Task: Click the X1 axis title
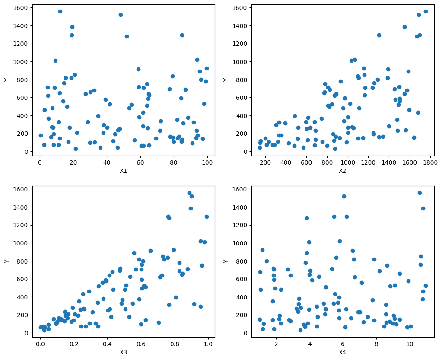(124, 171)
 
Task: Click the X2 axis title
(343, 171)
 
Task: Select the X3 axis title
(124, 352)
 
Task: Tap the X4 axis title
(343, 352)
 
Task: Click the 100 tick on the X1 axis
(207, 162)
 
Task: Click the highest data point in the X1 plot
(60, 11)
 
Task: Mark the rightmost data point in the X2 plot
(426, 11)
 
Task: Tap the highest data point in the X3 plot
(189, 193)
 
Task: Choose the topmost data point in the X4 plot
(420, 193)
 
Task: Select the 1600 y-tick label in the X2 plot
(240, 8)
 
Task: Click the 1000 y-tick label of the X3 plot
(21, 243)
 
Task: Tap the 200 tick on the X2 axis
(265, 162)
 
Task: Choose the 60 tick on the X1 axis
(140, 162)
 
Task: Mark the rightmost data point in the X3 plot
(207, 217)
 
